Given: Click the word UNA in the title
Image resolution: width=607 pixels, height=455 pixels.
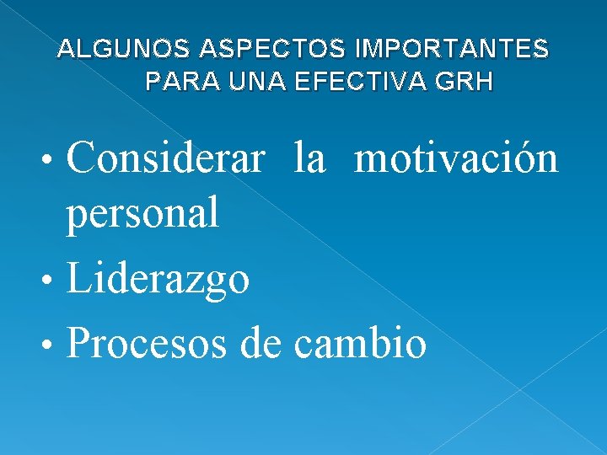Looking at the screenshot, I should pyautogui.click(x=241, y=83).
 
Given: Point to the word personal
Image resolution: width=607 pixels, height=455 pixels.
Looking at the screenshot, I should pyautogui.click(x=143, y=212).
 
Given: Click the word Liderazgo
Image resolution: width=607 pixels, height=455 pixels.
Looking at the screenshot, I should pyautogui.click(x=158, y=280).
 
